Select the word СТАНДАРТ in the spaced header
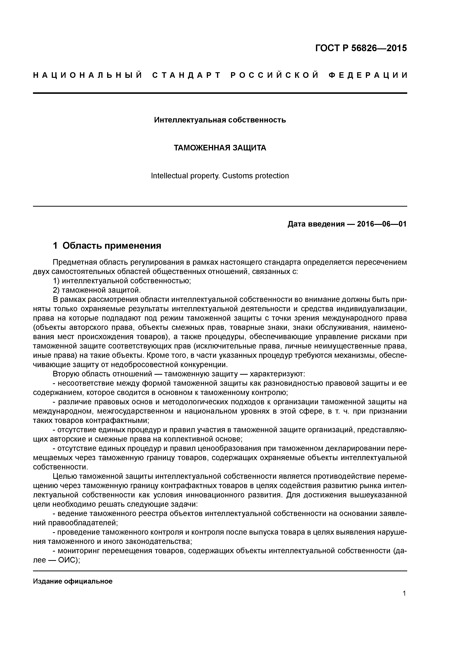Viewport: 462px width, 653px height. tap(187, 75)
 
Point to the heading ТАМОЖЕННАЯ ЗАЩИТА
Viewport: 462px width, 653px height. tap(220, 148)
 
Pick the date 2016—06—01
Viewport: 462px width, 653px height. tap(382, 224)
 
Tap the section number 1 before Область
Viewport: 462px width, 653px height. tap(56, 246)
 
